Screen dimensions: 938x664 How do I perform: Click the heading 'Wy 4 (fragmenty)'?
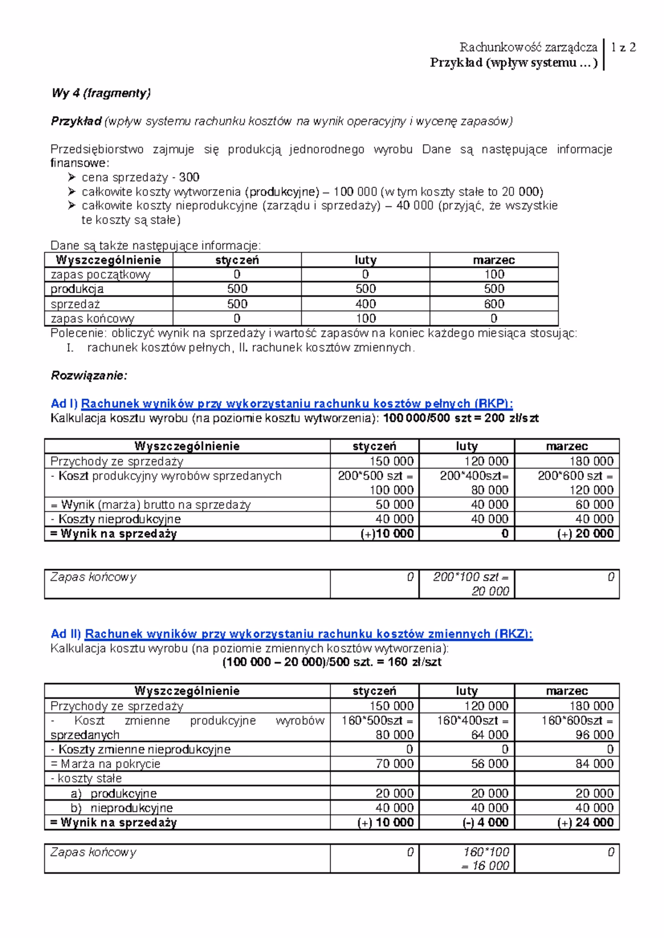pyautogui.click(x=101, y=93)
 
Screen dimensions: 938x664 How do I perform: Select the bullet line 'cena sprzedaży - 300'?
pyautogui.click(x=141, y=178)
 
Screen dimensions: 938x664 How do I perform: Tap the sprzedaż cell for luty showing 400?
pyautogui.click(x=366, y=304)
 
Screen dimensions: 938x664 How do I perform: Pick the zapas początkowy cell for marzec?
pyautogui.click(x=494, y=274)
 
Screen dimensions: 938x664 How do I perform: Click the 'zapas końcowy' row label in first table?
pyautogui.click(x=92, y=319)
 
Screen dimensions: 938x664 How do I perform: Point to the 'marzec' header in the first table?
pyautogui.click(x=494, y=260)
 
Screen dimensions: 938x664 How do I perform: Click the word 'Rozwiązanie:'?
pyautogui.click(x=89, y=376)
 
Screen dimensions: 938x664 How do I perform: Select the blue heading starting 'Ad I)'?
pyautogui.click(x=282, y=404)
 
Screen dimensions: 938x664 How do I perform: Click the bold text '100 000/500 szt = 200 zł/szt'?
pyautogui.click(x=461, y=418)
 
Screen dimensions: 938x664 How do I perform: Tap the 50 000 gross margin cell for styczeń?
pyautogui.click(x=395, y=504)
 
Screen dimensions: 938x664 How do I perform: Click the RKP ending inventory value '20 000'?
pyautogui.click(x=490, y=591)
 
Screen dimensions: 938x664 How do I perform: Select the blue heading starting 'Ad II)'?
pyautogui.click(x=292, y=634)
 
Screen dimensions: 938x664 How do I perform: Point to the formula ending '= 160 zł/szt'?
pyautogui.click(x=331, y=662)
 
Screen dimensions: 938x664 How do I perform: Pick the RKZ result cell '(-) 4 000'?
pyautogui.click(x=485, y=822)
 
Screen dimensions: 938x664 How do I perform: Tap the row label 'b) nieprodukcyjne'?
pyautogui.click(x=126, y=808)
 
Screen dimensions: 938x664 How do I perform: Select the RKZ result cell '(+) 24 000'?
pyautogui.click(x=586, y=822)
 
